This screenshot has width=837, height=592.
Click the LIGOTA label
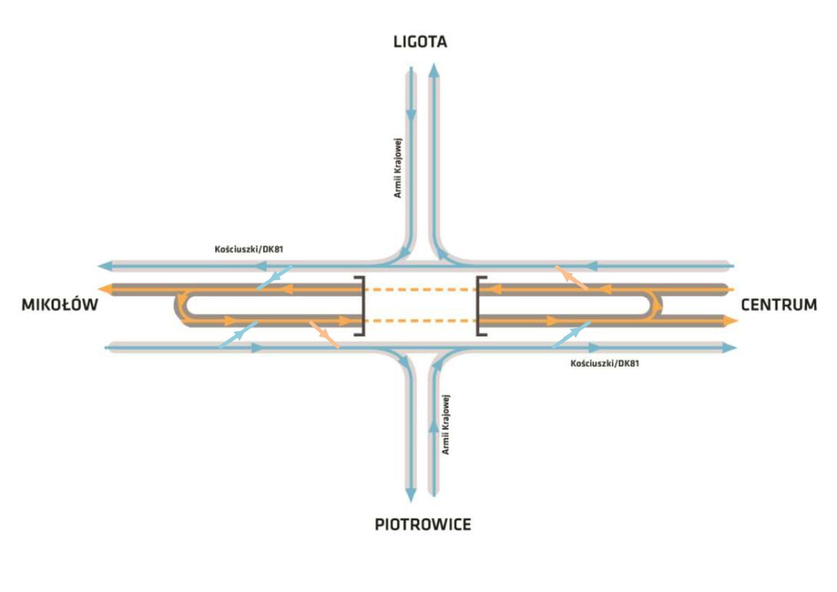point(420,42)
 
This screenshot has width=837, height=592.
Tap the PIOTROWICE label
point(423,525)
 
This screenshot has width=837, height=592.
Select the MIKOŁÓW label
point(60,305)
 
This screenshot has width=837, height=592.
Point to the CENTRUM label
point(779,305)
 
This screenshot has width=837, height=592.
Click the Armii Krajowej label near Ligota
point(398,168)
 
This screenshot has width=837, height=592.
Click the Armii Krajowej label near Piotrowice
point(446,424)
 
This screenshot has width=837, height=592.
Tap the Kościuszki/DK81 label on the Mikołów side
point(249,249)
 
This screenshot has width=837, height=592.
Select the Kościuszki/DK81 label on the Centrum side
point(605,363)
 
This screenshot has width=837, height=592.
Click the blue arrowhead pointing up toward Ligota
point(433,70)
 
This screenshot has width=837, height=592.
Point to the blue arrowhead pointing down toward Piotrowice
point(411,495)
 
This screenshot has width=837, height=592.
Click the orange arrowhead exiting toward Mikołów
point(105,289)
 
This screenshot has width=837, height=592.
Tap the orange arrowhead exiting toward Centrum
point(730,321)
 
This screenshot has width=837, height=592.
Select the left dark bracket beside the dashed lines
point(360,306)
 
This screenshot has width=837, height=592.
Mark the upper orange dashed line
point(421,289)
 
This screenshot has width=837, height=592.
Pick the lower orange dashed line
point(421,321)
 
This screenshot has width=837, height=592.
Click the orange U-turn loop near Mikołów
point(179,305)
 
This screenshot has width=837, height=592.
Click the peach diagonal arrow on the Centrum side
point(571,278)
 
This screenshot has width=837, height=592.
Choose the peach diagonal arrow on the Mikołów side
point(324,335)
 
